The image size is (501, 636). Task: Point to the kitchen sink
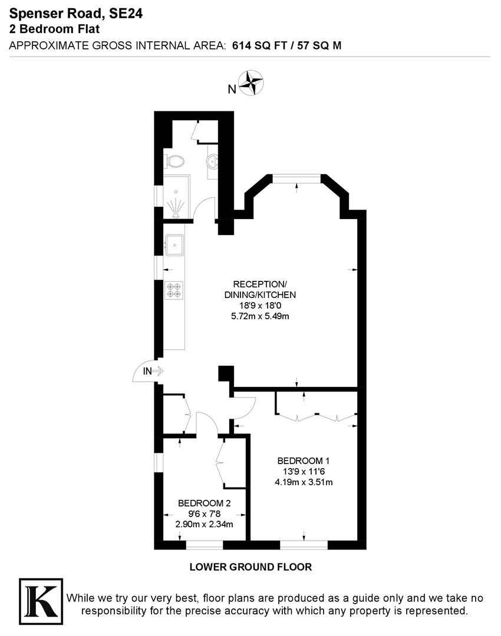coord(175,244)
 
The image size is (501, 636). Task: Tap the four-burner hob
coord(175,289)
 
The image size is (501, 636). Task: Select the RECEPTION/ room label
coord(260,284)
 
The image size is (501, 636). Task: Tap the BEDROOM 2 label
coord(204,503)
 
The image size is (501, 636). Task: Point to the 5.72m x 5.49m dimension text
coord(260,316)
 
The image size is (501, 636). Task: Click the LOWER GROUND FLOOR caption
coord(250,567)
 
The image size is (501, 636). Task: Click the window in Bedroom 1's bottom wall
coord(304,545)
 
